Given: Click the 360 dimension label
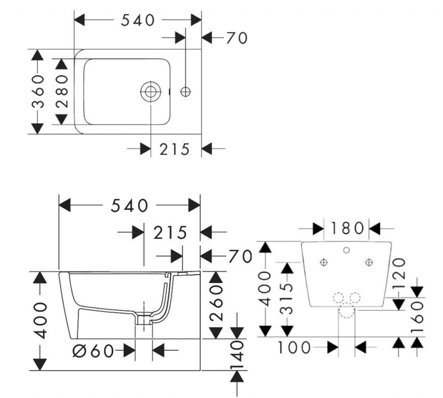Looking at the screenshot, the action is click(38, 92).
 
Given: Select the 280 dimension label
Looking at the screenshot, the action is click(62, 92).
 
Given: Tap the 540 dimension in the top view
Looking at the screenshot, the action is click(138, 20).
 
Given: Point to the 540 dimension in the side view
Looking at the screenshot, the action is click(129, 205).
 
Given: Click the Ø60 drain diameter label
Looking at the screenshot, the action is click(93, 351).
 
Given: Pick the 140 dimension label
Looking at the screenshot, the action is click(237, 355).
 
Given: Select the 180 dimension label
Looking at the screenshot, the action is click(347, 228).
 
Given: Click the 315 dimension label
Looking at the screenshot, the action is click(287, 299).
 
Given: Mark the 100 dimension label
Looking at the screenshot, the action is click(294, 347).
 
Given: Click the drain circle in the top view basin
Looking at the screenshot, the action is click(151, 92).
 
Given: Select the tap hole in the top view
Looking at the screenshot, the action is click(186, 92).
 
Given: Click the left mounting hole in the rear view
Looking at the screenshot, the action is click(324, 262).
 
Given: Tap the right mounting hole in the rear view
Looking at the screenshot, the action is click(369, 262).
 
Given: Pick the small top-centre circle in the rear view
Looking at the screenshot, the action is click(347, 250).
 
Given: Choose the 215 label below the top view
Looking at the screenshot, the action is click(174, 150).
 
